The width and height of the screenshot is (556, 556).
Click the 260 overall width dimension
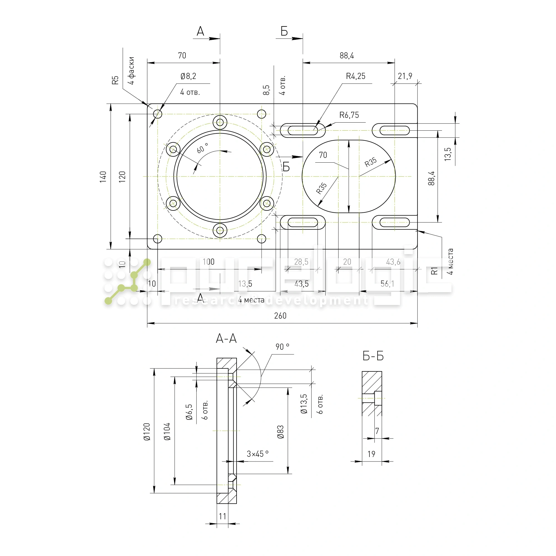[280, 316]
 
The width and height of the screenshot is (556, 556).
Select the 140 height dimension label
[103, 177]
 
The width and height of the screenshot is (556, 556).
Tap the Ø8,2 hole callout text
[188, 76]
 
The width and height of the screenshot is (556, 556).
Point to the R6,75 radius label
[349, 115]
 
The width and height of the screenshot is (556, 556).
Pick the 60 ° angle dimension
[202, 148]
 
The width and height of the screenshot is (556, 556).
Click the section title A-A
[226, 338]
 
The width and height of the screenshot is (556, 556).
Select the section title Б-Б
[373, 356]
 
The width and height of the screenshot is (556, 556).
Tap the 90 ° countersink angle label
[282, 347]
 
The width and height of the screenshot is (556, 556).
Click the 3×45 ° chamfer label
[258, 454]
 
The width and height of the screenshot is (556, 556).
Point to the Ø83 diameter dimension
[280, 432]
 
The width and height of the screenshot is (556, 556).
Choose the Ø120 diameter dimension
[147, 432]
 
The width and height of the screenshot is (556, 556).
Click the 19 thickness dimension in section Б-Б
[371, 454]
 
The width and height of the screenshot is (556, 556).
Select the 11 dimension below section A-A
[222, 516]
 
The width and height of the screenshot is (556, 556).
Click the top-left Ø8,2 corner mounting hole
[157, 114]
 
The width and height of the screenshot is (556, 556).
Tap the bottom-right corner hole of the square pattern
[261, 239]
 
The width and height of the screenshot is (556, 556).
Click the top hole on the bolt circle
[220, 122]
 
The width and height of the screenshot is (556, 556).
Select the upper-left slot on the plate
[302, 130]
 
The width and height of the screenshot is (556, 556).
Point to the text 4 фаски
[131, 71]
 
